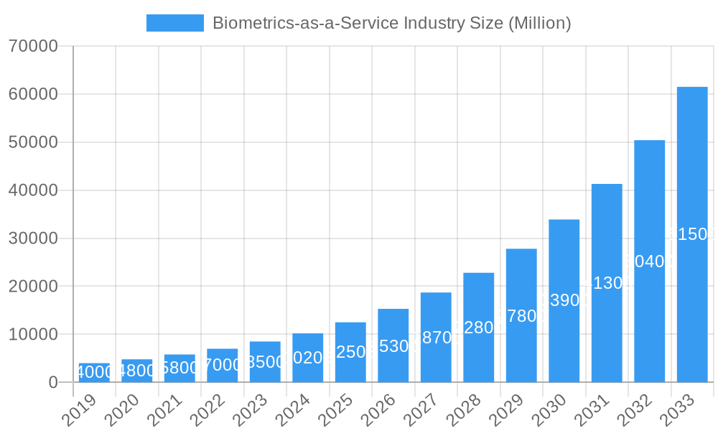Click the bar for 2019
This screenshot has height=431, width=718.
tap(94, 373)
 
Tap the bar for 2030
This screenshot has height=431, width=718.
tap(564, 301)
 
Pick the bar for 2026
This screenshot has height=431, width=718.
tap(393, 346)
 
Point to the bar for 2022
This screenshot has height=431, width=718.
tap(223, 366)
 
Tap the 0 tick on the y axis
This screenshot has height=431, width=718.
tap(53, 383)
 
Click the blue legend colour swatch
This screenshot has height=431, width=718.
tap(174, 23)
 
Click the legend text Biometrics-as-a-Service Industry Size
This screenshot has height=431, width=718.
tap(391, 23)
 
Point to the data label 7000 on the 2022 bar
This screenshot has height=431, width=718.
tap(223, 365)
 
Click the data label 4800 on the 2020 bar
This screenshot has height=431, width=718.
tap(137, 371)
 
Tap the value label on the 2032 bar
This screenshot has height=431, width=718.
tap(650, 261)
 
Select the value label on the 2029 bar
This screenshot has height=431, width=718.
tap(521, 316)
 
